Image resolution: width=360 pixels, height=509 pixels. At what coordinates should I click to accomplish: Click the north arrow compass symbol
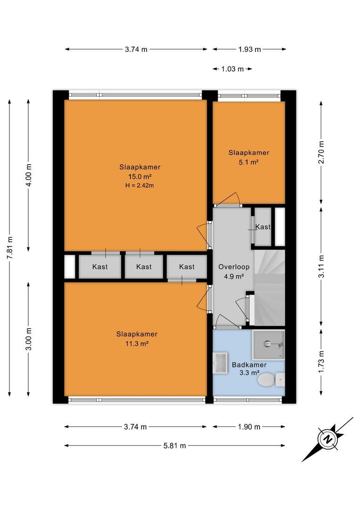point(327,439)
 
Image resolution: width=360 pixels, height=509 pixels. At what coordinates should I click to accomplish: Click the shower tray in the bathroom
point(269,344)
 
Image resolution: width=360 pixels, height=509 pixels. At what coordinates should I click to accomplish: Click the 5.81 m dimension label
point(174,445)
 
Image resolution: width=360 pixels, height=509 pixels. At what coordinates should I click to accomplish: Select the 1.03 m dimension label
point(232,69)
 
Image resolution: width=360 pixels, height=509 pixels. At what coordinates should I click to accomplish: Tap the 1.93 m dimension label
point(249,49)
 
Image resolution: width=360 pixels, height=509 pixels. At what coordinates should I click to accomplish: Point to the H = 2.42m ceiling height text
point(140,185)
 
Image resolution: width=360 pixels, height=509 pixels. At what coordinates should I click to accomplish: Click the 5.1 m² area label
point(249,162)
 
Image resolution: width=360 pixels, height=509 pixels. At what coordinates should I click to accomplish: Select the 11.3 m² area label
point(137,344)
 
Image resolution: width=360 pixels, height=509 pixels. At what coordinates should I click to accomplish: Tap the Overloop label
point(234,267)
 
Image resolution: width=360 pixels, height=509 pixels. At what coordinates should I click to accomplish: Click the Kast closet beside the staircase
point(263,227)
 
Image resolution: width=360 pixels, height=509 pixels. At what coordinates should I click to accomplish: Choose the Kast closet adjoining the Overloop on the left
point(187,267)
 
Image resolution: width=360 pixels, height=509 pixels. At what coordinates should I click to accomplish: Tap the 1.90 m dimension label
point(249,427)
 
